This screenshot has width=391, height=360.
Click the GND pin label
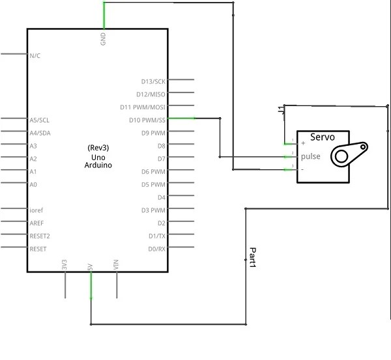pyautogui.click(x=103, y=39)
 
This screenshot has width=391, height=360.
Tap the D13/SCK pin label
pyautogui.click(x=153, y=81)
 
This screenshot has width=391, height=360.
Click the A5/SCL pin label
pyautogui.click(x=38, y=120)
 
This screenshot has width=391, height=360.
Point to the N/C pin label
pyautogui.click(x=35, y=55)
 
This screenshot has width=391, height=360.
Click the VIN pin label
pyautogui.click(x=116, y=264)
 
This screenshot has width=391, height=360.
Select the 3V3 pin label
pyautogui.click(x=65, y=264)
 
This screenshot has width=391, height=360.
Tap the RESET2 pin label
pyautogui.click(x=40, y=236)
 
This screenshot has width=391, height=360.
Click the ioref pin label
pyautogui.click(x=36, y=210)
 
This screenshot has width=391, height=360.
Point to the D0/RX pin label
pyautogui.click(x=156, y=249)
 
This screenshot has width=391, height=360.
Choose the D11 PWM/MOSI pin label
pyautogui.click(x=143, y=107)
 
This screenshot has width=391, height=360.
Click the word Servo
pyautogui.click(x=322, y=137)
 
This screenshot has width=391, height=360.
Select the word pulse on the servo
pyautogui.click(x=310, y=156)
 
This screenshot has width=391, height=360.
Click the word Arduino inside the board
pyautogui.click(x=98, y=165)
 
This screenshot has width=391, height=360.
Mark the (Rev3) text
pyautogui.click(x=98, y=148)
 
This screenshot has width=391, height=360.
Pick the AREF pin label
pyautogui.click(x=37, y=223)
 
